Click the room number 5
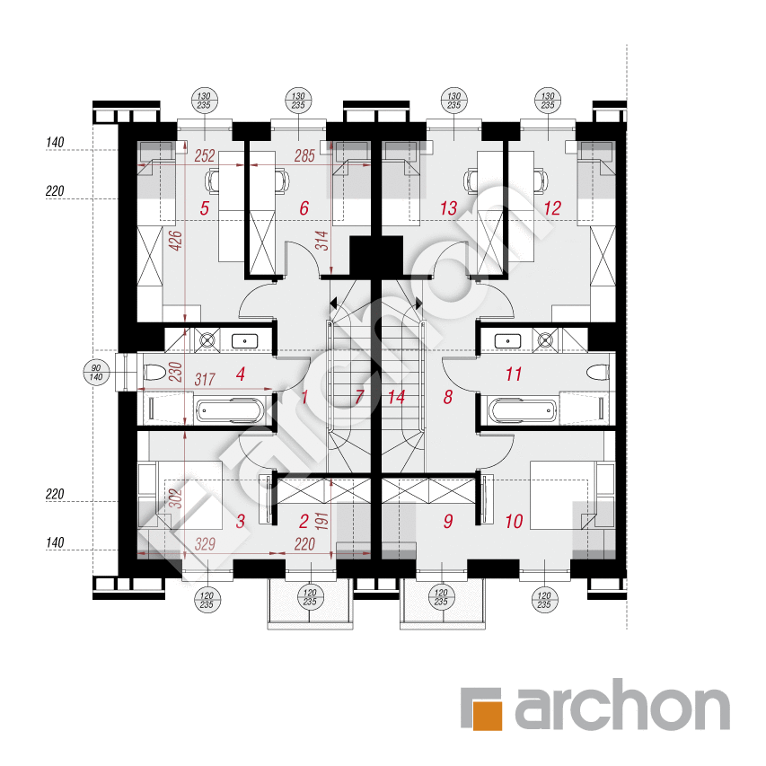205,209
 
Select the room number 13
449,209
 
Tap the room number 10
514,521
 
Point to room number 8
448,396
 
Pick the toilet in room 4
154,372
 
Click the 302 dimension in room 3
177,499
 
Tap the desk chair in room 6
281,180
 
